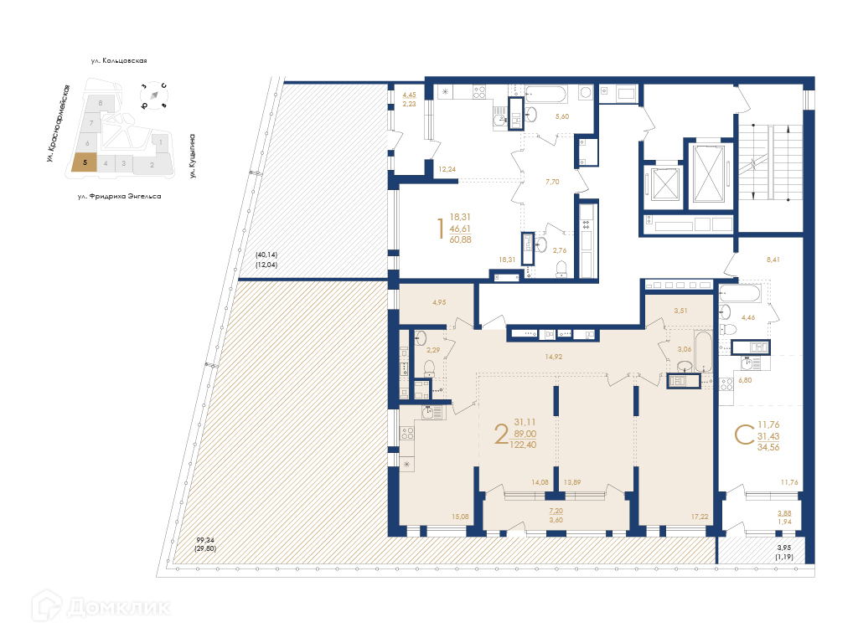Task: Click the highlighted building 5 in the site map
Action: coord(85,162)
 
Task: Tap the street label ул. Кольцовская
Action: coord(119,60)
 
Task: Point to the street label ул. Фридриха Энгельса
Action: coord(119,196)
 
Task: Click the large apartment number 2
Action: coord(501,435)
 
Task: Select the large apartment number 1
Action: coord(440,229)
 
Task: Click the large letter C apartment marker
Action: coord(744,435)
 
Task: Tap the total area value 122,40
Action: coord(523,445)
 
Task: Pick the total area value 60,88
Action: coord(460,239)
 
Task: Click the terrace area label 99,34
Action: coord(206,540)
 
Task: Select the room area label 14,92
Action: coord(553,357)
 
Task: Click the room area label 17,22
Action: coord(700,516)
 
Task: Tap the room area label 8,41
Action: coord(773,260)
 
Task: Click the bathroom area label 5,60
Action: coord(562,116)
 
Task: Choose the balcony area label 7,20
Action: coord(556,511)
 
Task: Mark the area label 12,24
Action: coord(447,169)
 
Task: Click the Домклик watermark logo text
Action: coord(119,608)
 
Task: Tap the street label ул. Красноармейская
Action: coord(58,124)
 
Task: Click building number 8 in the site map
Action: coord(101,103)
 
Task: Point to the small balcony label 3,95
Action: coord(784,548)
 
